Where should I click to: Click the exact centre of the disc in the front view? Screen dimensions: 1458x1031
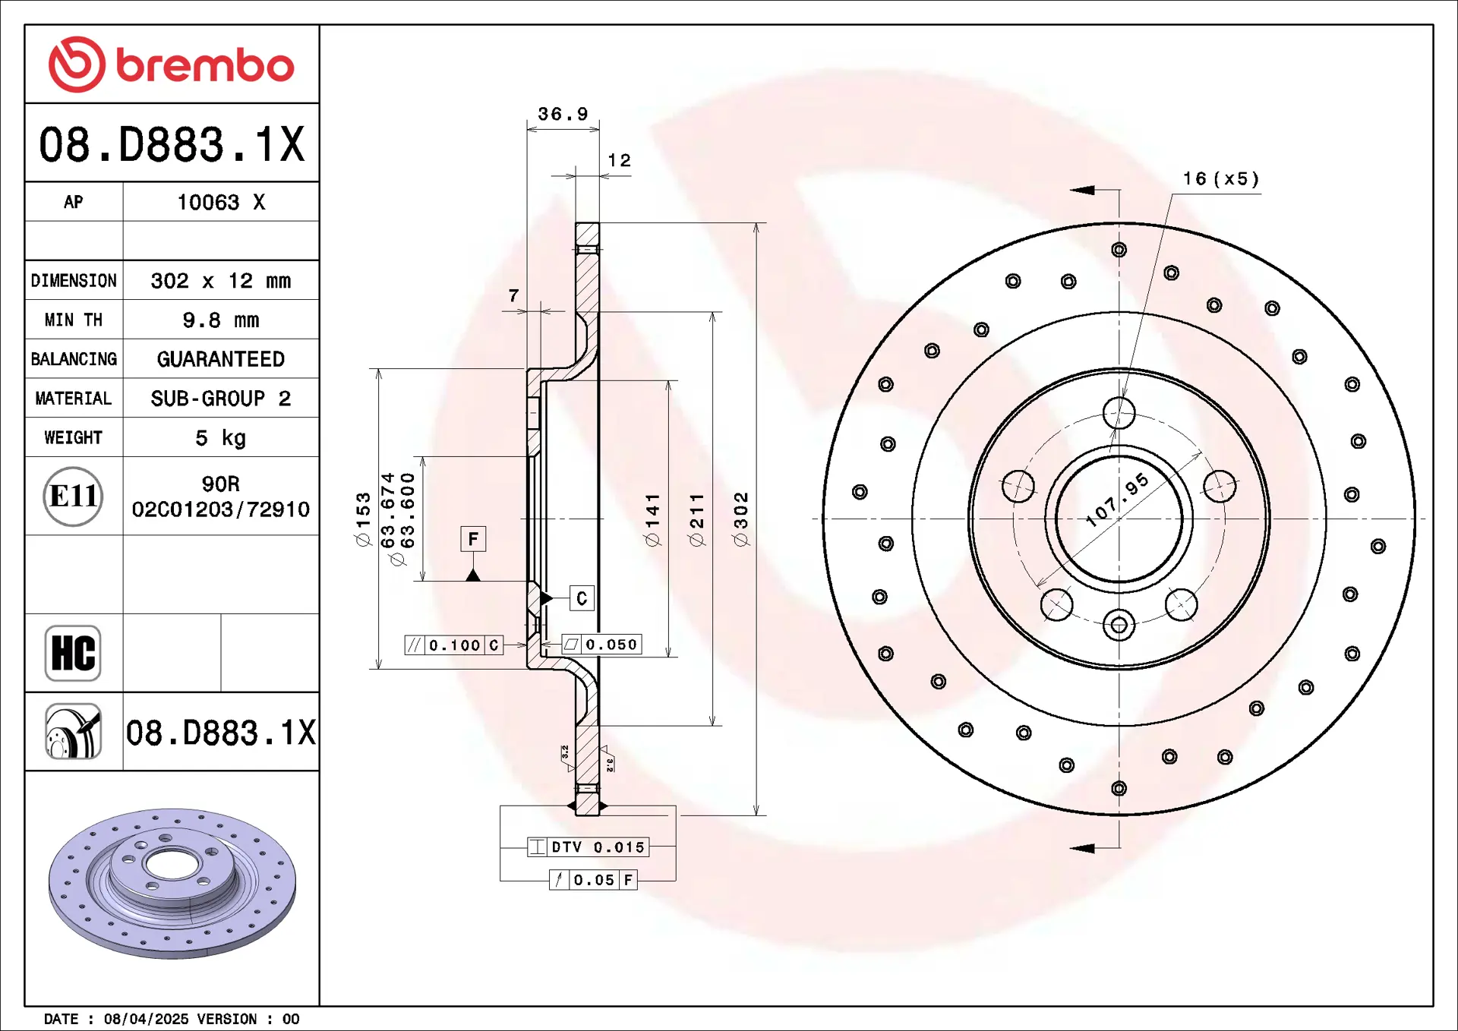pyautogui.click(x=1119, y=519)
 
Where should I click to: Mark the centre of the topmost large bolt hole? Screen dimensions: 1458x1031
pyautogui.click(x=1119, y=414)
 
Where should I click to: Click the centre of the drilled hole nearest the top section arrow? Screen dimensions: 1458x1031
pyautogui.click(x=1119, y=250)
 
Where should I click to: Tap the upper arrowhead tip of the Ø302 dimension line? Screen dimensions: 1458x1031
pyautogui.click(x=756, y=223)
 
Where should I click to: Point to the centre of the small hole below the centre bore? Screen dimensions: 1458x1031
pyautogui.click(x=1119, y=626)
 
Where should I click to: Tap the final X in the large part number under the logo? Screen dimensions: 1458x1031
pyautogui.click(x=291, y=144)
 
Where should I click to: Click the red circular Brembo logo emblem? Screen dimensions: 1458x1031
pyautogui.click(x=77, y=65)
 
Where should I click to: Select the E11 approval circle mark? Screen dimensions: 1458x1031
pyautogui.click(x=73, y=497)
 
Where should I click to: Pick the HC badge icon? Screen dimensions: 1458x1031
pyautogui.click(x=73, y=653)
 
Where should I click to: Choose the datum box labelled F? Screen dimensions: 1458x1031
pyautogui.click(x=473, y=539)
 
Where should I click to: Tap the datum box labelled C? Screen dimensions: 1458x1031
pyautogui.click(x=582, y=598)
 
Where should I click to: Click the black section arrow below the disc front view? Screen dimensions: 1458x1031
pyautogui.click(x=1082, y=848)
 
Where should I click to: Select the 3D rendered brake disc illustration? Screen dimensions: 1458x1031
pyautogui.click(x=172, y=883)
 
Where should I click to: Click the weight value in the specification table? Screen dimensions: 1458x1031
pyautogui.click(x=221, y=438)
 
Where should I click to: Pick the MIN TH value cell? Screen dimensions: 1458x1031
pyautogui.click(x=221, y=320)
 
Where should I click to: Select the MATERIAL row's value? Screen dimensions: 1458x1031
pyautogui.click(x=221, y=399)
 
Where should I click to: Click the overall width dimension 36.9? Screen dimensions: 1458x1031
pyautogui.click(x=563, y=114)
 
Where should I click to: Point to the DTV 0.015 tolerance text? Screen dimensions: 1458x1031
pyautogui.click(x=598, y=847)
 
